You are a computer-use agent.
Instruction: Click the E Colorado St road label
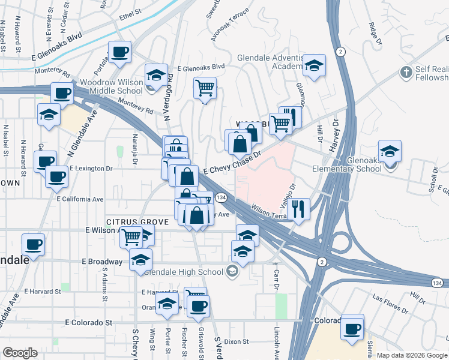point(89,322)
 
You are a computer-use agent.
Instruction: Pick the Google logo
point(20,353)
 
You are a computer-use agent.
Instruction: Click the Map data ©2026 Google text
point(411,355)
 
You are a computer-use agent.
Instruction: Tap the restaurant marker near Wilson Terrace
point(298,209)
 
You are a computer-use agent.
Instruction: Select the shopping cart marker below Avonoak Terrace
point(205,88)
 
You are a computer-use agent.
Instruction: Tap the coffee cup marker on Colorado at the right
point(352,328)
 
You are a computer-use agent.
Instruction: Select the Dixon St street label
point(237,341)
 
